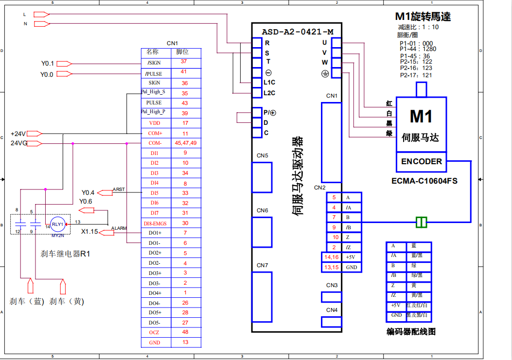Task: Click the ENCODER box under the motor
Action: [422, 162]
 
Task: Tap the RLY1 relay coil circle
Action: [58, 224]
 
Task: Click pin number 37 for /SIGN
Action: [184, 62]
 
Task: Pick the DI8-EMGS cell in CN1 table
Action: [155, 223]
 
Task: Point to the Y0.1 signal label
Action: [47, 63]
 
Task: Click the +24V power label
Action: [18, 133]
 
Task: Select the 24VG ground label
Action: [19, 143]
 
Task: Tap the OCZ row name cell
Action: [155, 333]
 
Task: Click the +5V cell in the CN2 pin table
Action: [351, 257]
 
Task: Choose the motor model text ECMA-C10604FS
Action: [424, 181]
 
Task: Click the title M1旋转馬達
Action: [424, 17]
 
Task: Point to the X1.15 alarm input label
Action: [89, 232]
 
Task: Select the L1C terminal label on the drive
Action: [269, 83]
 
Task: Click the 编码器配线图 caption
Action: [411, 332]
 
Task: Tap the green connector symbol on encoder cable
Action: [422, 223]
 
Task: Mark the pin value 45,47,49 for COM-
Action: [185, 143]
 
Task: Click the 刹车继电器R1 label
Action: [66, 254]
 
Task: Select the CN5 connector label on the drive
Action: [263, 155]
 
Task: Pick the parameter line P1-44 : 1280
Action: [418, 49]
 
